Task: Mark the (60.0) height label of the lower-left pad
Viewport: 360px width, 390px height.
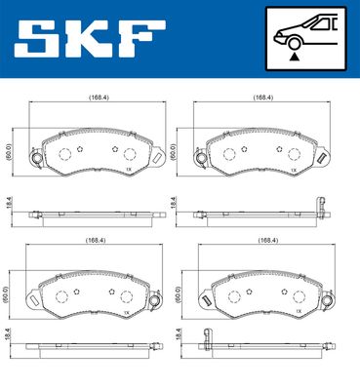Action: [x=10, y=292]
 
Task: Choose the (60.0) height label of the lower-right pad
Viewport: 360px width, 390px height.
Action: [x=176, y=292]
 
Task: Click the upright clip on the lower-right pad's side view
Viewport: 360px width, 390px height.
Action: [x=206, y=337]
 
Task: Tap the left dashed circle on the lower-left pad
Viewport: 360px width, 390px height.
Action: [x=60, y=296]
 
